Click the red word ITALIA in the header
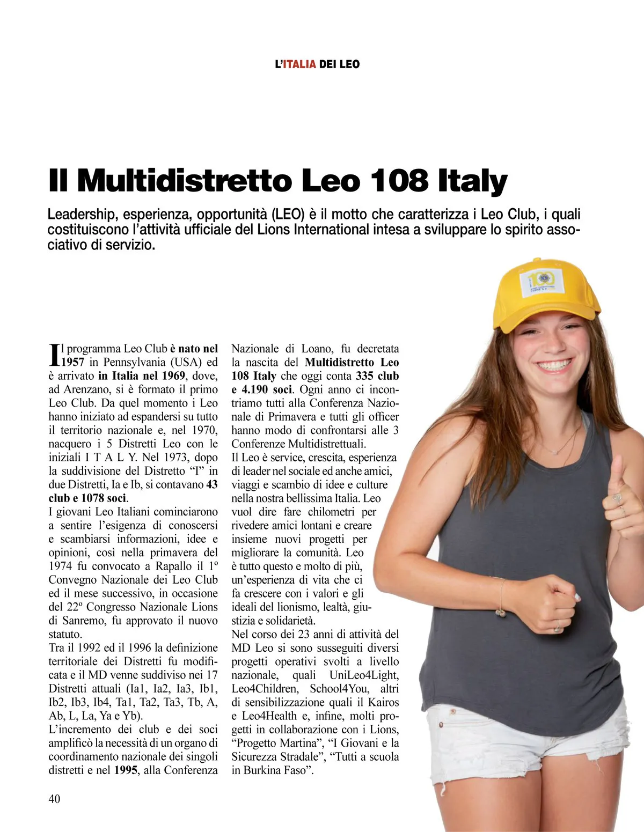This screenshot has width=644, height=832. point(299,64)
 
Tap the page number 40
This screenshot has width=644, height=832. point(54,799)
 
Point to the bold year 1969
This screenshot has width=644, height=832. point(173,375)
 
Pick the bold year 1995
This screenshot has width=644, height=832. point(126,770)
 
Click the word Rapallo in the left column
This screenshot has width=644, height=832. point(172,566)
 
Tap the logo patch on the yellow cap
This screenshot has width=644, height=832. point(541,281)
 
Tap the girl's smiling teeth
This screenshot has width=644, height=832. point(554,365)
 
